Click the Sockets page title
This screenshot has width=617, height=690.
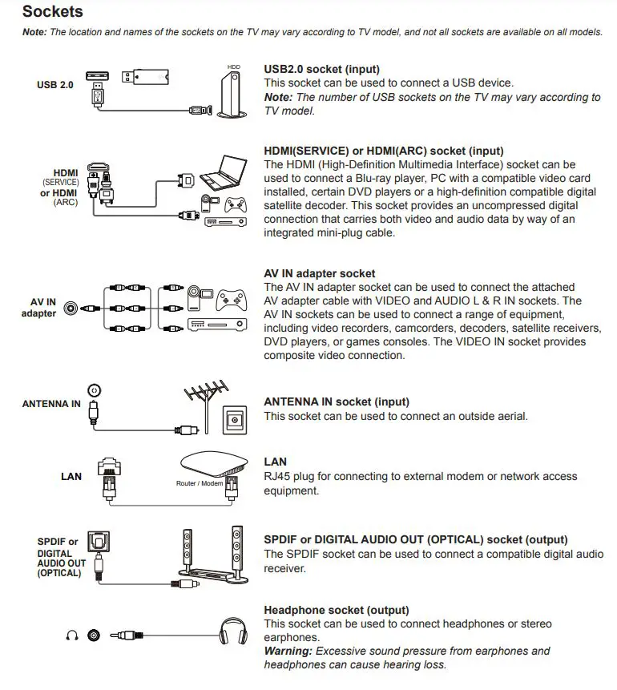[52, 12]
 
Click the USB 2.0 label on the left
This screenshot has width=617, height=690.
[55, 84]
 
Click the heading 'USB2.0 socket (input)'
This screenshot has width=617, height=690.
[321, 70]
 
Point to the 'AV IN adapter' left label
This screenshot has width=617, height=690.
[38, 308]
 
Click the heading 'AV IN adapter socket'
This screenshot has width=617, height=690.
[319, 273]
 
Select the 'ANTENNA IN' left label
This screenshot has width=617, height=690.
[51, 404]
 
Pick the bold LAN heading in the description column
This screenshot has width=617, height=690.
[275, 462]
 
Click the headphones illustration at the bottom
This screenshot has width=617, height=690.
[232, 633]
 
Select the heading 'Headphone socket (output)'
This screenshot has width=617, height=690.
[337, 610]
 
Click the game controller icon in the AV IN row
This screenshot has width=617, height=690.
[232, 299]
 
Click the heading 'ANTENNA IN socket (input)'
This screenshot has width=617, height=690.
[337, 401]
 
